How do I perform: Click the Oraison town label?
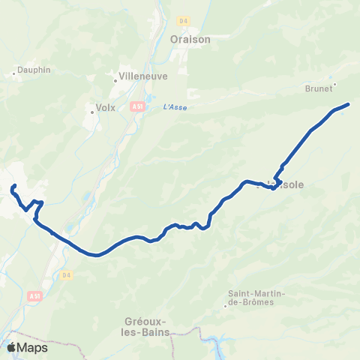click(190, 39)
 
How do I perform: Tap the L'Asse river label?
click(174, 107)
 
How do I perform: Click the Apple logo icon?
click(12, 347)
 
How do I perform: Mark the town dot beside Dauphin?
click(15, 73)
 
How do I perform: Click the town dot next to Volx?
click(92, 112)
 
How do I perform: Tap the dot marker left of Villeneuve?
click(117, 76)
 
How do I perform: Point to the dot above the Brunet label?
click(334, 84)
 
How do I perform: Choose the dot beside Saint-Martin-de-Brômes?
click(225, 306)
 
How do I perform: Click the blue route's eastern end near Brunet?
click(348, 104)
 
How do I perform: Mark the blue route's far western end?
click(14, 184)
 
